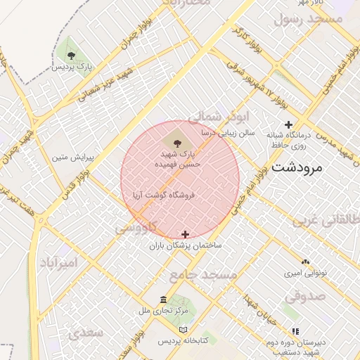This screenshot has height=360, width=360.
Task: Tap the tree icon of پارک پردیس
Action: (x=70, y=54)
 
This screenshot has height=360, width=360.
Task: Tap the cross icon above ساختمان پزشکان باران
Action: (x=186, y=234)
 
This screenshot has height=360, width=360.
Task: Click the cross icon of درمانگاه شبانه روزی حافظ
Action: (x=289, y=124)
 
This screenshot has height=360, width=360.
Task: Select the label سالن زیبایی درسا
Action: (x=227, y=131)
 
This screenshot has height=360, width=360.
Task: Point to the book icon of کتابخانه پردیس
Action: (x=184, y=330)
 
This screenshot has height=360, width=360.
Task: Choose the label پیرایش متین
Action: (x=73, y=157)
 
